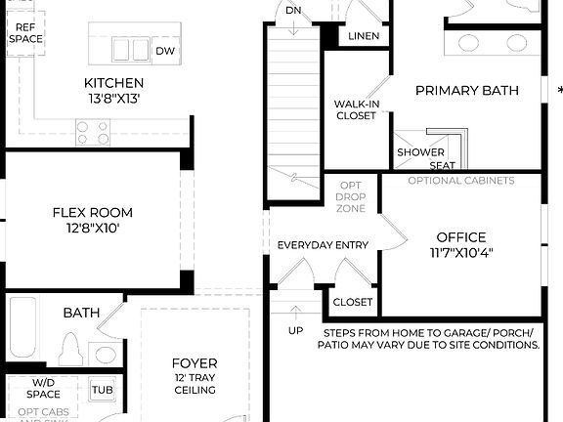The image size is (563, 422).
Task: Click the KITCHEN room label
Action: point(113,83)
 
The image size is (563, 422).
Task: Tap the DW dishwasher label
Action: point(165,51)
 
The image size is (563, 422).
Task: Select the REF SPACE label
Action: point(26,34)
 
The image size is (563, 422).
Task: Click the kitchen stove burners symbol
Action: point(94,132)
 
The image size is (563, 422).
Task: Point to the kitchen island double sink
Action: point(129,49)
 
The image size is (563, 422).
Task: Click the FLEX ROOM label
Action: point(92,212)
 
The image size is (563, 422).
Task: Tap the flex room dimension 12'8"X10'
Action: point(92,229)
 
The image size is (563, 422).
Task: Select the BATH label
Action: point(81,313)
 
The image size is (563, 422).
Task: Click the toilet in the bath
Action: point(68,348)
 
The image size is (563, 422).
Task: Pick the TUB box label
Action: point(103,389)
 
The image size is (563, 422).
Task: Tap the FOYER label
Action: point(194,363)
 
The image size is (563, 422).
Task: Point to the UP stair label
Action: point(295,330)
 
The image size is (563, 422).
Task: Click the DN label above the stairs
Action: point(292,11)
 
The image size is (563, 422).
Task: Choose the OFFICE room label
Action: point(461,236)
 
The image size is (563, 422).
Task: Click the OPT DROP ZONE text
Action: point(351,196)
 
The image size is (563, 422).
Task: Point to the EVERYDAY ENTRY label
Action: point(323,244)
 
